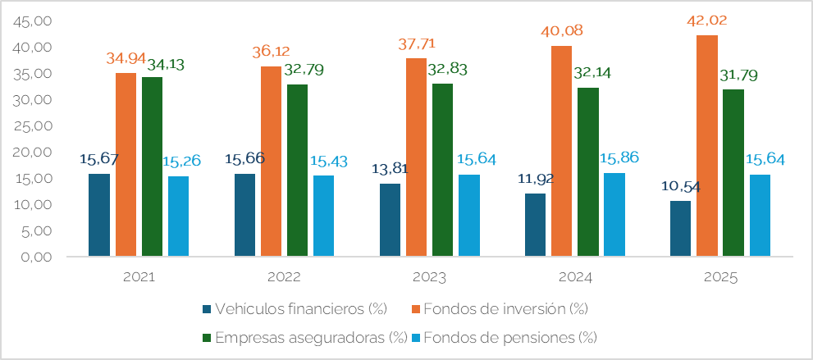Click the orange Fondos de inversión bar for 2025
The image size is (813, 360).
tap(707, 146)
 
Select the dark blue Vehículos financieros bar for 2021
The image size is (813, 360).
tap(99, 215)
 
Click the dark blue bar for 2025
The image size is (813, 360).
tap(680, 228)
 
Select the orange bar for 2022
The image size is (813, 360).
tap(272, 161)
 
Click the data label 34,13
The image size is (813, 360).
tap(167, 63)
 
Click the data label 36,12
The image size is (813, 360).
tap(272, 51)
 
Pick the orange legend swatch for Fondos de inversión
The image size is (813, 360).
tap(416, 309)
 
